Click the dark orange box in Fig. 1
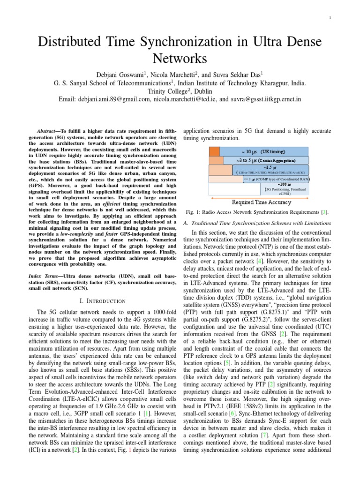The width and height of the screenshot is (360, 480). coord(215,151)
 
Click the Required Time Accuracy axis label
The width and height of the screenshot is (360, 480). coord(262,202)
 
